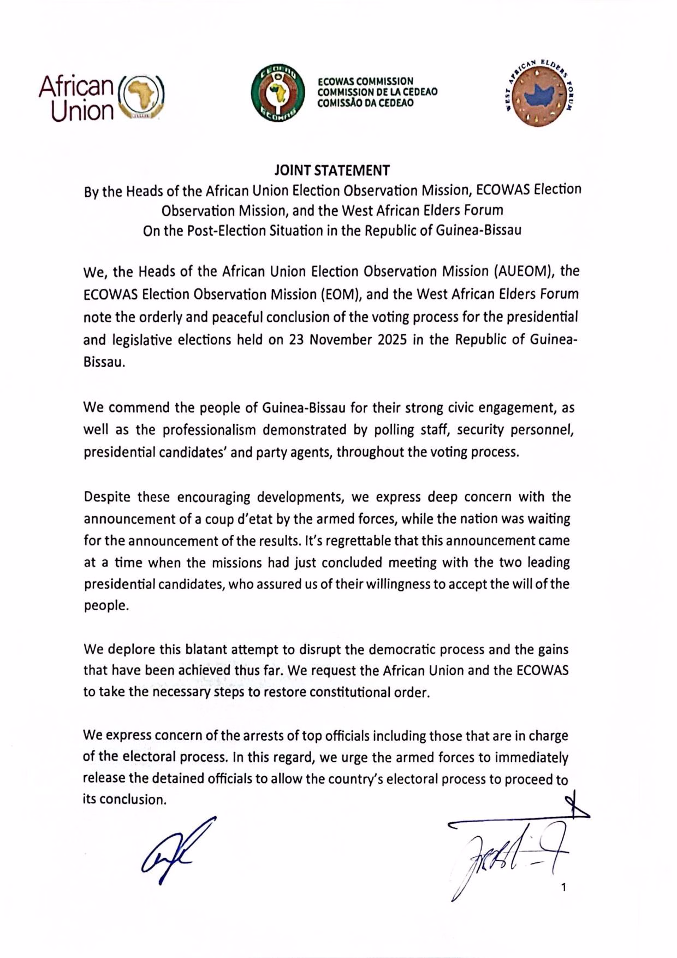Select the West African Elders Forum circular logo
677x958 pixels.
coord(539,94)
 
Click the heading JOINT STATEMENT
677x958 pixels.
coord(332,170)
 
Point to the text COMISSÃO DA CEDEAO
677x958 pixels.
coord(366,103)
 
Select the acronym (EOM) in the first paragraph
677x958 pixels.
coord(342,294)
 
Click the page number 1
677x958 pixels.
coord(563,887)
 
